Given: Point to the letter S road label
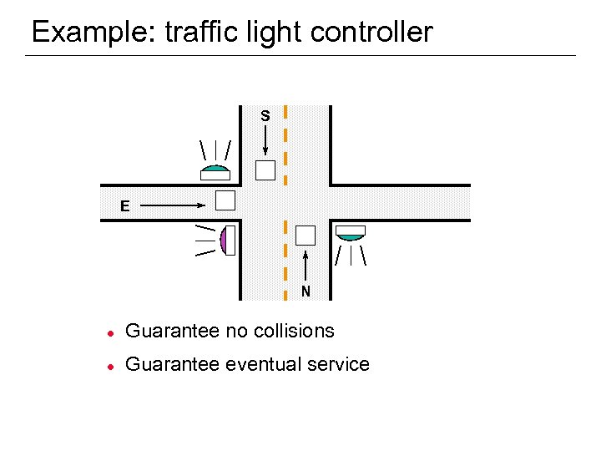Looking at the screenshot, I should [x=265, y=116].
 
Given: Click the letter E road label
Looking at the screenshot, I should [x=124, y=205].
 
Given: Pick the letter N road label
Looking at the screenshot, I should [x=306, y=291].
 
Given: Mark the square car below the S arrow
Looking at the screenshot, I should [x=265, y=170].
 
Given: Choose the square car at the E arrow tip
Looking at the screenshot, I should [x=225, y=200].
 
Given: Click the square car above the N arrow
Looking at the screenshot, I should [x=306, y=235].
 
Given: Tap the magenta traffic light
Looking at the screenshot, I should [x=225, y=241].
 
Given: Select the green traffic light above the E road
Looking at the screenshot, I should [x=215, y=171].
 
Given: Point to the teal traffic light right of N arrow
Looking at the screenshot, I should [x=351, y=234].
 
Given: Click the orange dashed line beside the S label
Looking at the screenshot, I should [x=286, y=142].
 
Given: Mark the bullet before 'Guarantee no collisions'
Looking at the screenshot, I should [x=109, y=332].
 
